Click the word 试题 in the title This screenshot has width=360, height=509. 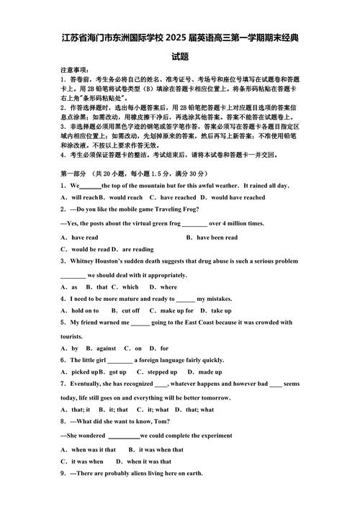pyautogui.click(x=180, y=55)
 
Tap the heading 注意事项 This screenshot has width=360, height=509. pyautogui.click(x=74, y=70)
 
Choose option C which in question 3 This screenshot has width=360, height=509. pyautogui.click(x=124, y=287)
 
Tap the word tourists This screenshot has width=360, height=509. pyautogui.click(x=72, y=336)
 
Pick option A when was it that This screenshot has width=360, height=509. pyautogui.click(x=89, y=449)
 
